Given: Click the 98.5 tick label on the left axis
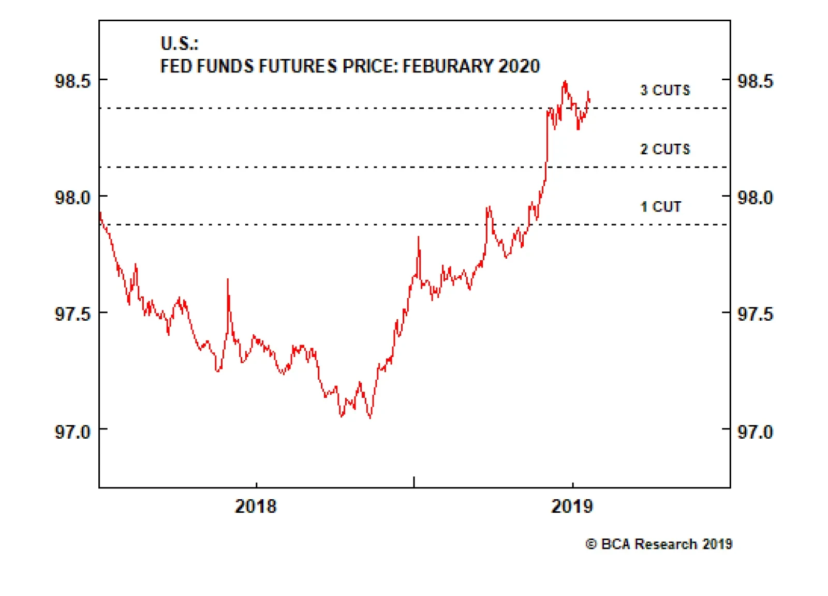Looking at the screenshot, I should tap(72, 81).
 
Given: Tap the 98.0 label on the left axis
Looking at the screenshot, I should tap(72, 198).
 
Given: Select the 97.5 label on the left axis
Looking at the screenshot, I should tap(72, 314).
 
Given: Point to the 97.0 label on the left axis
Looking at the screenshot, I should tap(72, 431).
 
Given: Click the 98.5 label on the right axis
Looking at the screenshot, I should tap(755, 81).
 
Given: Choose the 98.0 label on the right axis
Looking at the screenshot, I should tap(755, 198).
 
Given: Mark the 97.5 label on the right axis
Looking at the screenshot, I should tap(755, 314).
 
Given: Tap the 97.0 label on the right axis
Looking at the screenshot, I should tap(755, 431).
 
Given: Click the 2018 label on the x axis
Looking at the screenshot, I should tap(256, 506).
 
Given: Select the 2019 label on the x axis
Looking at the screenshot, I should tap(572, 506).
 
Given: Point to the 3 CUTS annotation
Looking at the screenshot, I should tap(665, 90).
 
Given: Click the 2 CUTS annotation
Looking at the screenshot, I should tap(665, 149).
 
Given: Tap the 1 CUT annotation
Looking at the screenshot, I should tap(660, 206).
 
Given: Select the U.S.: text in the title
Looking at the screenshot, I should tap(179, 43).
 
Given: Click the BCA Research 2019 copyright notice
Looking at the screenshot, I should tap(659, 544).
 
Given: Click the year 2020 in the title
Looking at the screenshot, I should tap(519, 66).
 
